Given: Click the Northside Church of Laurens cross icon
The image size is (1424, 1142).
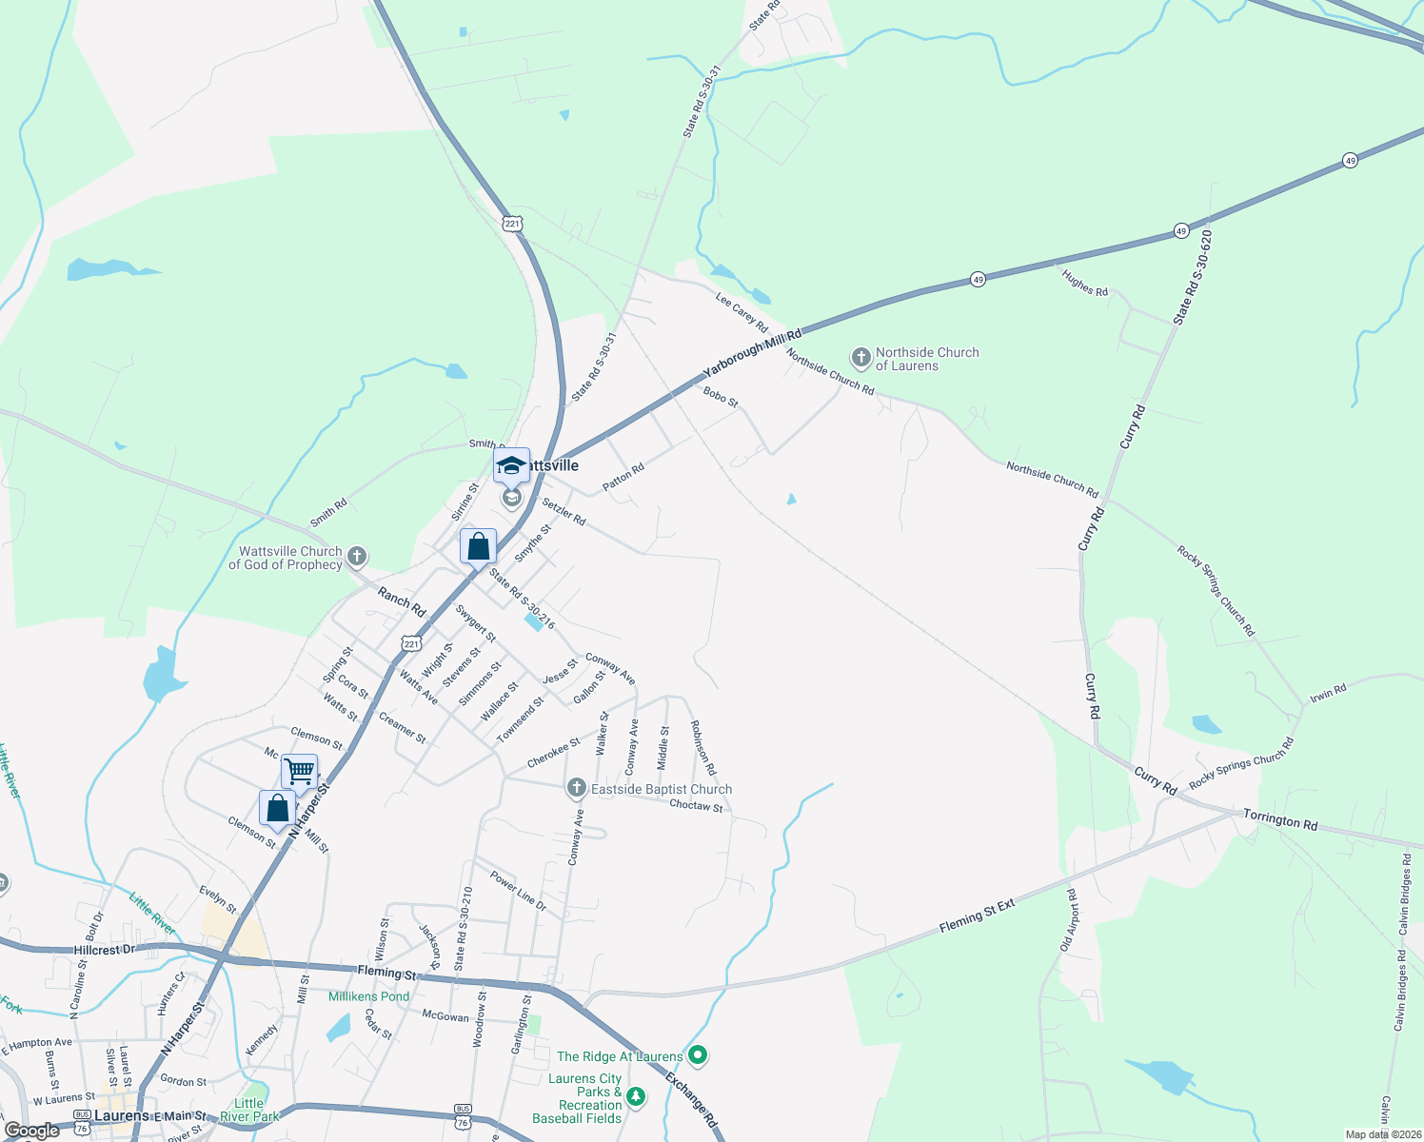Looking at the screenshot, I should (860, 359).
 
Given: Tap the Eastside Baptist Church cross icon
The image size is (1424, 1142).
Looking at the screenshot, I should (576, 788).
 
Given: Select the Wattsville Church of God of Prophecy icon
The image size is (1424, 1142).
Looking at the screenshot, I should (357, 557).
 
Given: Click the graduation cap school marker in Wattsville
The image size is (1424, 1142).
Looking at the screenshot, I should (511, 466).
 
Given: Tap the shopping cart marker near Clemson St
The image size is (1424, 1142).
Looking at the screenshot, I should (299, 772).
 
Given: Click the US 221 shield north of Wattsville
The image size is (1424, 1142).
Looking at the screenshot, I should (513, 224).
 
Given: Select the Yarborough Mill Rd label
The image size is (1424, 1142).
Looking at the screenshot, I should (752, 351).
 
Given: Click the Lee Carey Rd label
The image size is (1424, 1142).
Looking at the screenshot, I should (742, 312).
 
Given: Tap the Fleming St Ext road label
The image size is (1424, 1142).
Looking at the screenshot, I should (977, 916).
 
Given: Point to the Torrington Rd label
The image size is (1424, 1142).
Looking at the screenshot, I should (1280, 820).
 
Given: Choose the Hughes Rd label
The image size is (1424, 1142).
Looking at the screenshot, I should (1085, 283).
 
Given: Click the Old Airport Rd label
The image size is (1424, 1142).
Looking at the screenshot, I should (1068, 920).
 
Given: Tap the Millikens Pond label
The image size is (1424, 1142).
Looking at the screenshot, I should (368, 996).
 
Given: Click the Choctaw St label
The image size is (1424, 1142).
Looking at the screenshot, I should (696, 806).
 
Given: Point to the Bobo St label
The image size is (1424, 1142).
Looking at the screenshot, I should (721, 396).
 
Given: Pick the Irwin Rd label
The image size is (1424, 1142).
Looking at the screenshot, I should (1328, 692).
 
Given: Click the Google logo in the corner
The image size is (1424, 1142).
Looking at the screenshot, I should (31, 1131).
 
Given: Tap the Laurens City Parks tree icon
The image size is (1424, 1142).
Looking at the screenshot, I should (636, 1097).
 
